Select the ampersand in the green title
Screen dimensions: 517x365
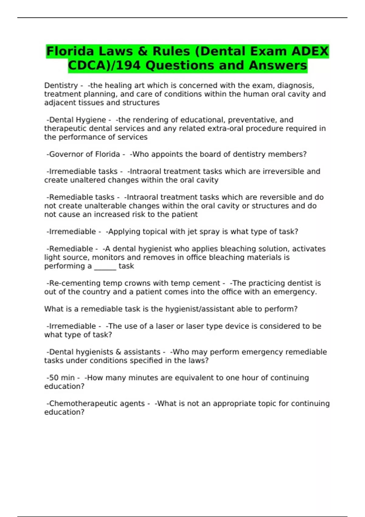pyautogui.click(x=142, y=51)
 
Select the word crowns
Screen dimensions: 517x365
pyautogui.click(x=136, y=283)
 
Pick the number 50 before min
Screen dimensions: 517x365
pyautogui.click(x=54, y=378)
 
